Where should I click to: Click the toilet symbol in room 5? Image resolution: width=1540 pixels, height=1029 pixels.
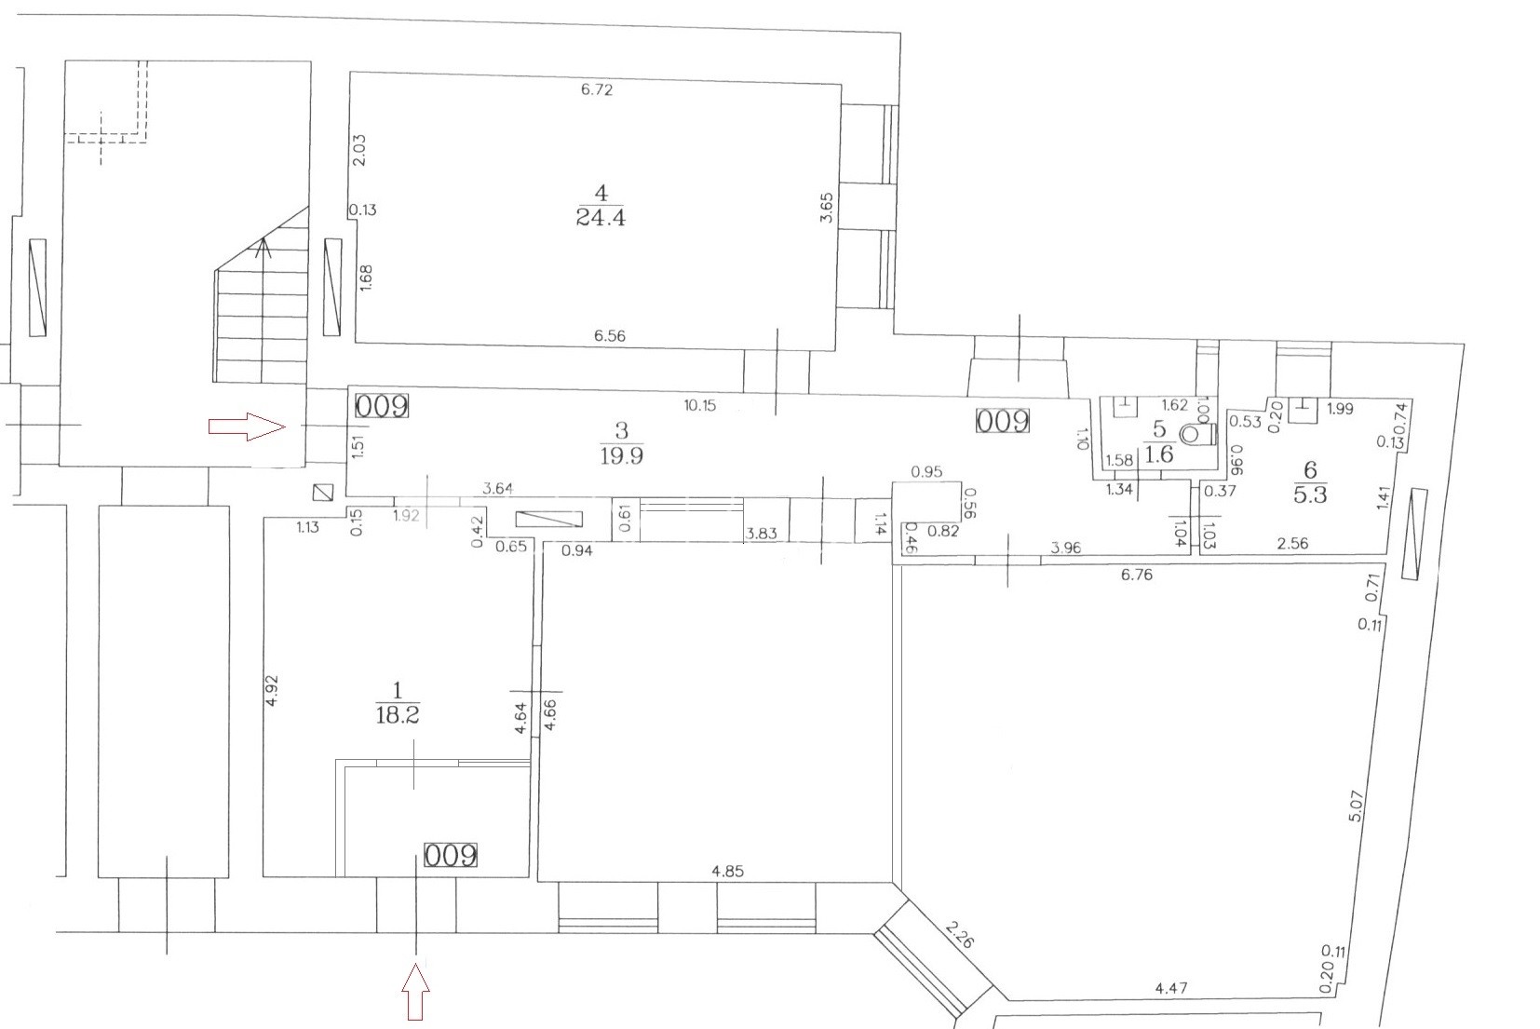pyautogui.click(x=1198, y=434)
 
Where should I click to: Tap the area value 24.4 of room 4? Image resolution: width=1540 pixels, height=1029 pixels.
pyautogui.click(x=601, y=217)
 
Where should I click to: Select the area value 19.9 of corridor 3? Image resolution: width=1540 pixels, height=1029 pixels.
pyautogui.click(x=622, y=455)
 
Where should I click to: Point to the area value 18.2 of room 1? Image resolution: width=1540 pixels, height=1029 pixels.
pyautogui.click(x=398, y=714)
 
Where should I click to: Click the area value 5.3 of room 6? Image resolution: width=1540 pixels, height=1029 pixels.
pyautogui.click(x=1310, y=494)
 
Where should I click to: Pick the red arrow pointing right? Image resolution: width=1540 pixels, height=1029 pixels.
pyautogui.click(x=247, y=426)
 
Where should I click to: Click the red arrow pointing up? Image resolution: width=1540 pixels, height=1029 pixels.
pyautogui.click(x=416, y=991)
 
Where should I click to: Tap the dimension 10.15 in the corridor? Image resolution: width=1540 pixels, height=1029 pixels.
pyautogui.click(x=700, y=405)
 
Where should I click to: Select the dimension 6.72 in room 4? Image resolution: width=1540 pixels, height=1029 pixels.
pyautogui.click(x=597, y=89)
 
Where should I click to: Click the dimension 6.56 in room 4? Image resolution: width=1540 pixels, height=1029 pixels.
pyautogui.click(x=610, y=335)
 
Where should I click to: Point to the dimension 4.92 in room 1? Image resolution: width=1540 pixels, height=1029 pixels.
pyautogui.click(x=271, y=690)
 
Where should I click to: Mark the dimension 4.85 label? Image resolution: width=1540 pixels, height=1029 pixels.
pyautogui.click(x=727, y=871)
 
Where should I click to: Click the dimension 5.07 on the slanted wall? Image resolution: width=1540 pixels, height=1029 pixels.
pyautogui.click(x=1356, y=806)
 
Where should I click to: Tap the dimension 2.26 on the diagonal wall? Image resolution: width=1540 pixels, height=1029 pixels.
pyautogui.click(x=959, y=933)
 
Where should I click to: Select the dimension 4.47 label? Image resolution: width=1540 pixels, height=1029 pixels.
pyautogui.click(x=1170, y=988)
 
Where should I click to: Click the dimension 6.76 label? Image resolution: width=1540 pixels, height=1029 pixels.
pyautogui.click(x=1137, y=575)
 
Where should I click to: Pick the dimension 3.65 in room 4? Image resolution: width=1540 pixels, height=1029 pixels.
pyautogui.click(x=827, y=207)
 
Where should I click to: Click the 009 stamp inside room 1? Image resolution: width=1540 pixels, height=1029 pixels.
pyautogui.click(x=451, y=855)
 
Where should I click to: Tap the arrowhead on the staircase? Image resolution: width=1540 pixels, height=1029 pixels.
pyautogui.click(x=263, y=248)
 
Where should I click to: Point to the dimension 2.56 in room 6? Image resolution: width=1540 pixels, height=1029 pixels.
pyautogui.click(x=1292, y=544)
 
